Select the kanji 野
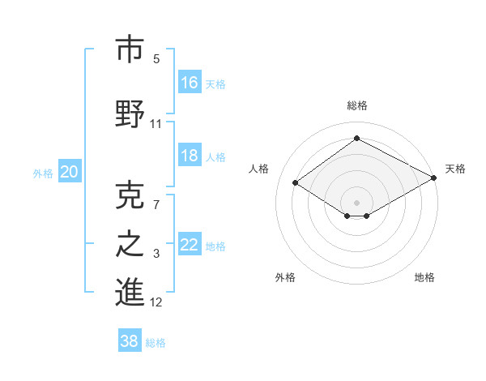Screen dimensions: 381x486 coord(130,114)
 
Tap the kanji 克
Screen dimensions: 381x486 coord(130,194)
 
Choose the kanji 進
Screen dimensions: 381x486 coord(130,293)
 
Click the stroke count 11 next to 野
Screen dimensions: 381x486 coord(156,124)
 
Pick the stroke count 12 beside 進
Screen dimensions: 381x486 coord(156,302)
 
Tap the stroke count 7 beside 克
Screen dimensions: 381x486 coord(156,203)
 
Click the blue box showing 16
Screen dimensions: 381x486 coord(190,83)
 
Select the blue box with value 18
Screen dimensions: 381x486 coord(190,156)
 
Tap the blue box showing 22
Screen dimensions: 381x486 coord(190,245)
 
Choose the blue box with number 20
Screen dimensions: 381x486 coord(70,171)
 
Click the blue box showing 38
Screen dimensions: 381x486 coord(130,341)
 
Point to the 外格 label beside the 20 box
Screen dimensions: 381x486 coord(43,173)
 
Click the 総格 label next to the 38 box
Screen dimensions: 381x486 coord(156,343)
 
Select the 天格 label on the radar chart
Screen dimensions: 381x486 coord(455,169)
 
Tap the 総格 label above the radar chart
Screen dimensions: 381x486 coord(356,105)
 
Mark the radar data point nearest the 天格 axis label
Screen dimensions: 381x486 coord(435,178)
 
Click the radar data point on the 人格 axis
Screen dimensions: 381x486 coord(296,183)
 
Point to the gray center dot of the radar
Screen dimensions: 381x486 coord(356,201)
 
